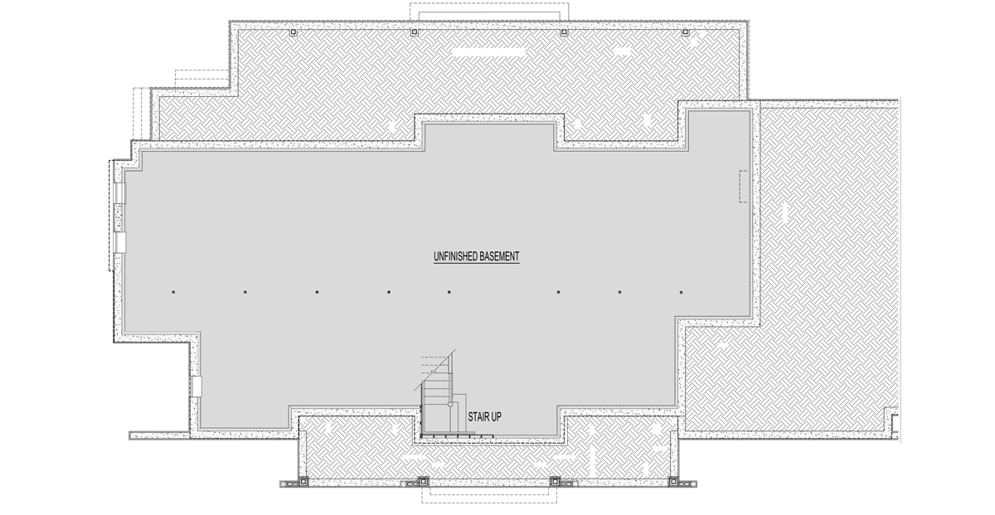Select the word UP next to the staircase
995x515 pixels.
[495, 416]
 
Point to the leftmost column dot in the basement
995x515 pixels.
[173, 292]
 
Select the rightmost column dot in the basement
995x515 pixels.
[682, 292]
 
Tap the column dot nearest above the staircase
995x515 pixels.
[449, 292]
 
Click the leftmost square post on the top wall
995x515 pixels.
[293, 33]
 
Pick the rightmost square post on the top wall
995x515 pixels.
[685, 33]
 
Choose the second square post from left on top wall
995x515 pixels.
[414, 33]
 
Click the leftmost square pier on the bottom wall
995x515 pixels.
[303, 481]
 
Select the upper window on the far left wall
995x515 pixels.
[120, 192]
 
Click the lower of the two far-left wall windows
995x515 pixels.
[120, 241]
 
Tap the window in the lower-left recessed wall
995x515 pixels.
[197, 385]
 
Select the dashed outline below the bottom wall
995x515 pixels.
[489, 494]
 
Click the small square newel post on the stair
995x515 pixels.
[451, 405]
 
